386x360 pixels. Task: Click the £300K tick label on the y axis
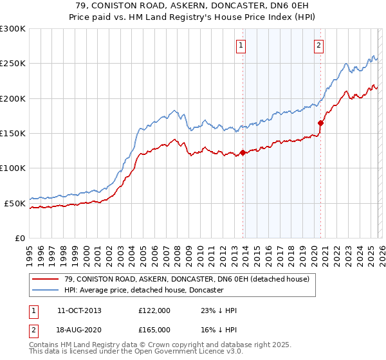[13, 29]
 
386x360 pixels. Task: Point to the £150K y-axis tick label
[13, 134]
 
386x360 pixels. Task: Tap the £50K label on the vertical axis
[15, 203]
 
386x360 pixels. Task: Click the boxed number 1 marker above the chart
[241, 45]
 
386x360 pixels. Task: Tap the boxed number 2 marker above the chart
[318, 45]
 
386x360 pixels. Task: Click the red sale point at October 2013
[243, 153]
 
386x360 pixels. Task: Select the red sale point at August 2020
[320, 123]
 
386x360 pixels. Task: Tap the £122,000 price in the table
[154, 310]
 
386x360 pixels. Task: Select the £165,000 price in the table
[154, 328]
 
